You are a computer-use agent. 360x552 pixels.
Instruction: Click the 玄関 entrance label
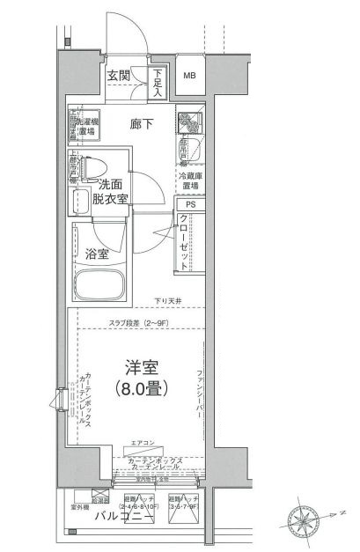click(x=120, y=77)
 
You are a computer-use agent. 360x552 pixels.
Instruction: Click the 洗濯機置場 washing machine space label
click(x=85, y=125)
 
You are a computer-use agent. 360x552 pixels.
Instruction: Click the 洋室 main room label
click(x=135, y=368)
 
